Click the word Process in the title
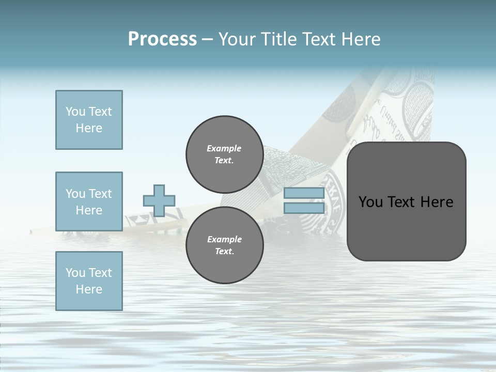click(x=162, y=39)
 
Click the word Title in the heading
click(x=277, y=39)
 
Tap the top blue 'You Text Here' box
click(x=89, y=120)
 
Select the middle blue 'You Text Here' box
click(x=89, y=202)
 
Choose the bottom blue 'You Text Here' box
click(x=89, y=281)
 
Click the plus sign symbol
click(x=159, y=200)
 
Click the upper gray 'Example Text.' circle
click(x=224, y=154)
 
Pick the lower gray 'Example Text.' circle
click(x=224, y=245)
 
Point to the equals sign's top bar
click(x=304, y=193)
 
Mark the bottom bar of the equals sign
click(x=304, y=208)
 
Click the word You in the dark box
click(x=370, y=202)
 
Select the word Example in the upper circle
click(x=224, y=148)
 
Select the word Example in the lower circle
click(x=224, y=239)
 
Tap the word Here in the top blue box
click(x=89, y=128)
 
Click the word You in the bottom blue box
click(x=75, y=273)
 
